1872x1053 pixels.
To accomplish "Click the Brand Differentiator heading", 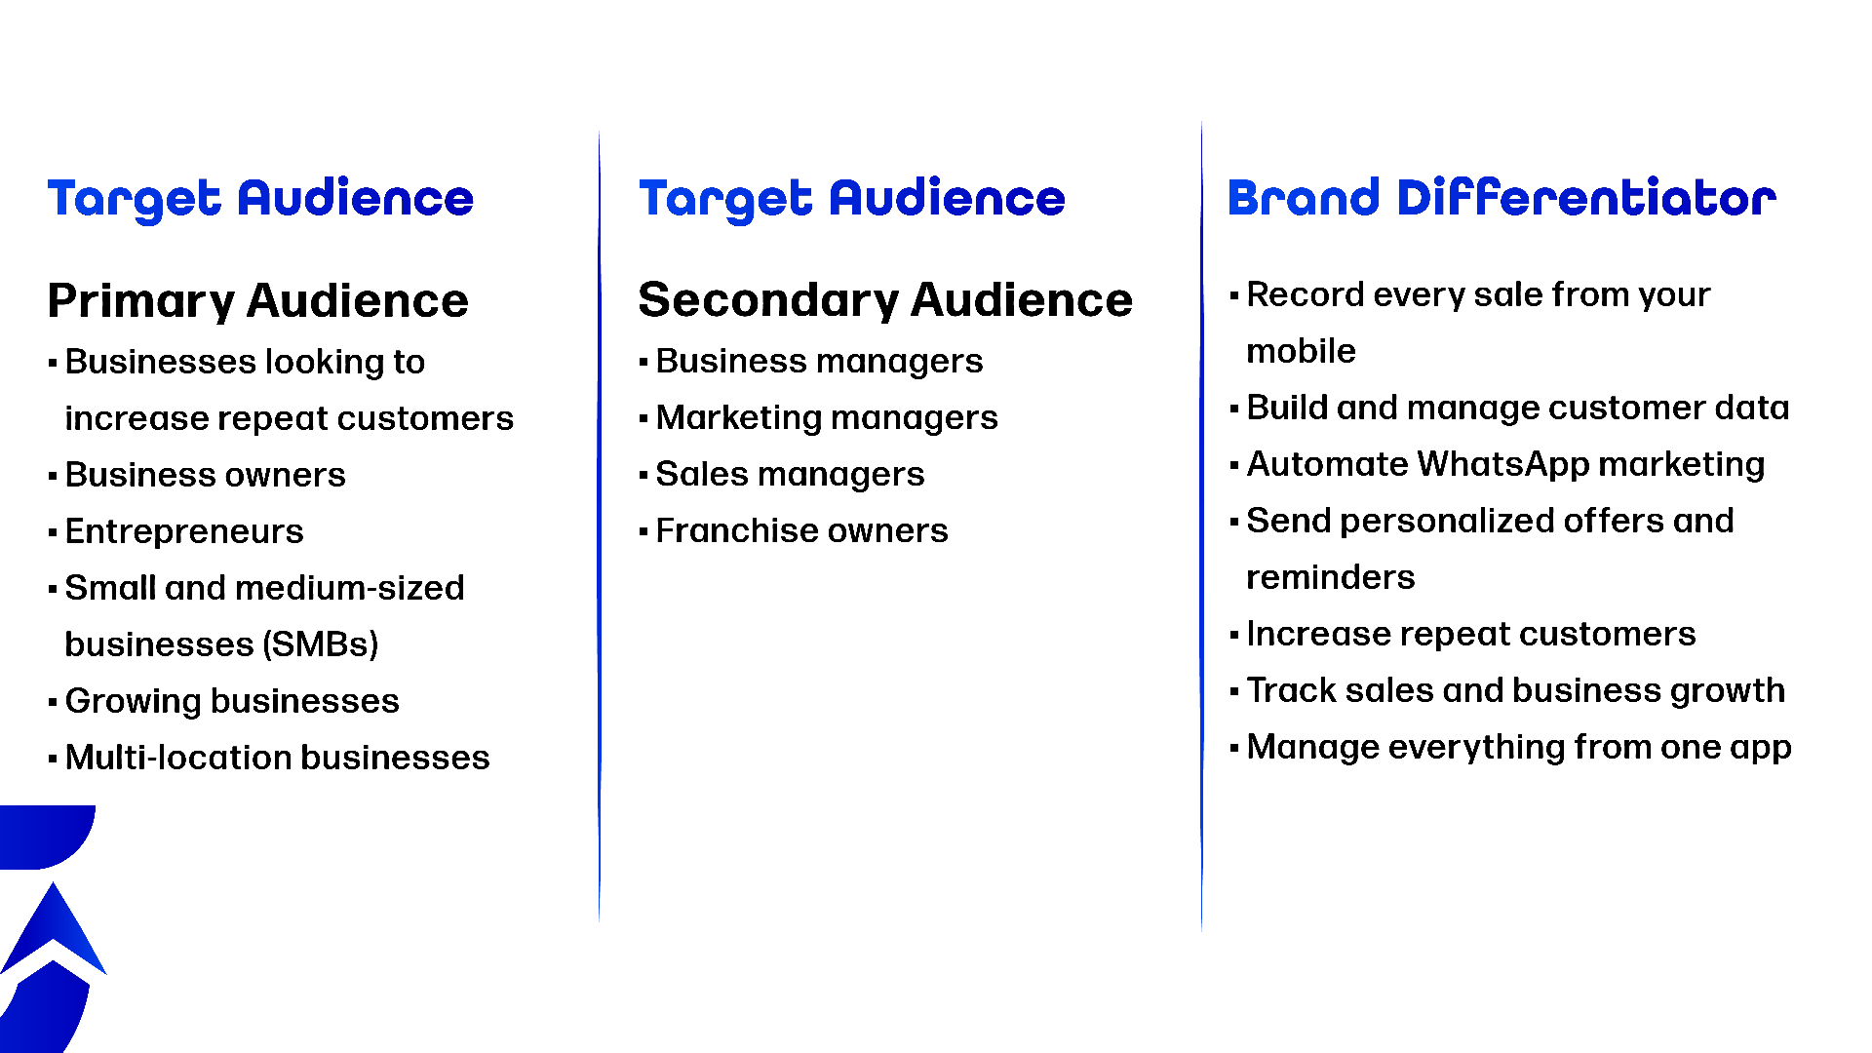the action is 1501,198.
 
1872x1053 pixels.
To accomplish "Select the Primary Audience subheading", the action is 258,300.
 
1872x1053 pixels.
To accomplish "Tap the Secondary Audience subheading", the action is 885,299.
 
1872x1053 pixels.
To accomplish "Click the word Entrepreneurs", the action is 184,531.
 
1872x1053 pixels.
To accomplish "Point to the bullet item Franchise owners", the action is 801,530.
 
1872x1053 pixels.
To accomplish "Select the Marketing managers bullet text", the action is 827,417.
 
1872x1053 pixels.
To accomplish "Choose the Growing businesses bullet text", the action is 232,701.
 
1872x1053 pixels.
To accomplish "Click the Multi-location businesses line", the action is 277,758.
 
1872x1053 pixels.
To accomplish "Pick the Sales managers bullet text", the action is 790,474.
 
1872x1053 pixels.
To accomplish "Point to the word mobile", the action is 1301,351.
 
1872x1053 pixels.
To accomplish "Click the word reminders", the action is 1330,577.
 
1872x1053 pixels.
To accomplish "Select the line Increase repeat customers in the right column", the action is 1471,634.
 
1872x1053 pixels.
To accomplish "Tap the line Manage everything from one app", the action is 1519,747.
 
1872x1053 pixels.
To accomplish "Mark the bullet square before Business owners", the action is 53,477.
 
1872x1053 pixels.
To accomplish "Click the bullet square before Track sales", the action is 1234,692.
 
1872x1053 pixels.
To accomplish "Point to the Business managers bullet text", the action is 819,361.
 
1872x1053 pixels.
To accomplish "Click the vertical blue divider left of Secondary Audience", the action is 599,526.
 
